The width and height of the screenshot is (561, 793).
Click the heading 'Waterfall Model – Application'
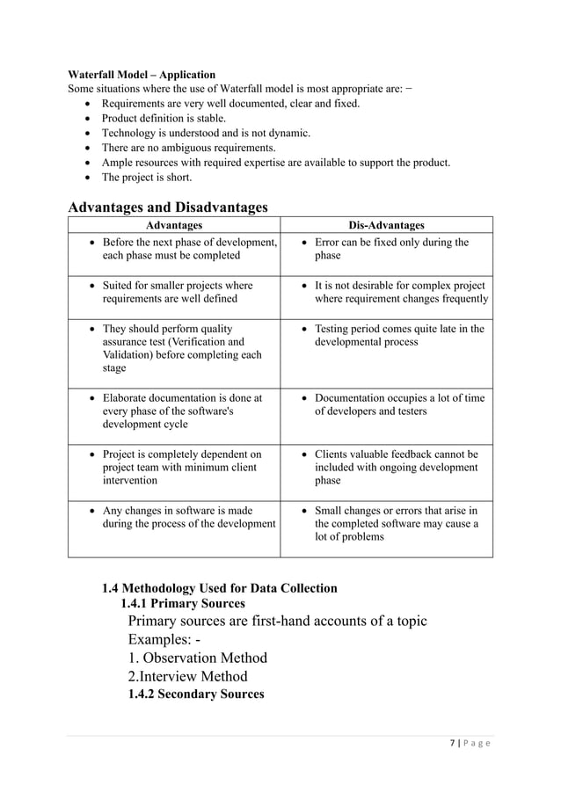coord(142,75)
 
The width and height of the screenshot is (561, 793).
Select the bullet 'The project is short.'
coord(146,178)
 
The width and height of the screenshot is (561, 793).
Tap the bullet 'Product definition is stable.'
coord(164,118)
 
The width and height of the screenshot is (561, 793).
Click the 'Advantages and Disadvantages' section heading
coord(168,207)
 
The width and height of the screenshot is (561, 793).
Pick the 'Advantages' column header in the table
coord(173,226)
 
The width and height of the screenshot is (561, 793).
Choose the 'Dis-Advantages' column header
coord(386,226)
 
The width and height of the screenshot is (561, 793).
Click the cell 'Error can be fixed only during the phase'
coord(391,249)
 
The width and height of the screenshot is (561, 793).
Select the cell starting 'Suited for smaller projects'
coord(178,292)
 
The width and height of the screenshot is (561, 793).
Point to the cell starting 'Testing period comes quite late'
coord(399,335)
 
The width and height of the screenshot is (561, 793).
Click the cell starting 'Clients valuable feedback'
coord(397,467)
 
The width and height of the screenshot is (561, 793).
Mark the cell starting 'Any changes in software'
coord(189,517)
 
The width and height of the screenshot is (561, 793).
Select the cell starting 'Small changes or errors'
coord(397,523)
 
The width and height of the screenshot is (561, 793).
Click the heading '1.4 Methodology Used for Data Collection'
coord(219,588)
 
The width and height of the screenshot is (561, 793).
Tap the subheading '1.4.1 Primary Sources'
coord(182,603)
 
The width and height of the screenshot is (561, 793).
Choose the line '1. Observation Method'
coord(197,658)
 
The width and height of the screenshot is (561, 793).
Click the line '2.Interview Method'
coord(187,676)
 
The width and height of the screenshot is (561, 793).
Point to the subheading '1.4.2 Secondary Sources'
coord(195,695)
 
